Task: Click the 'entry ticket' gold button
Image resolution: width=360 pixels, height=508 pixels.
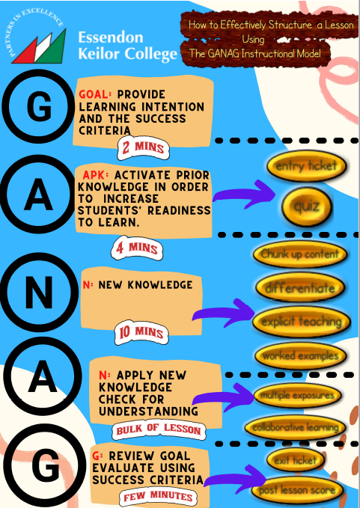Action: click(307, 166)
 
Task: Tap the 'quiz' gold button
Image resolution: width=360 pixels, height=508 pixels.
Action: click(307, 206)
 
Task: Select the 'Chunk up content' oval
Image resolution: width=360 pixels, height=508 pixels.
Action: click(300, 254)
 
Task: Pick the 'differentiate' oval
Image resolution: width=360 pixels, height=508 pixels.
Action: click(300, 288)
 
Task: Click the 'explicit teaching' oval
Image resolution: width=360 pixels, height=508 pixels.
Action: click(302, 322)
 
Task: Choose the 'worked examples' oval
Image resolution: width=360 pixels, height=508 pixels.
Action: click(301, 355)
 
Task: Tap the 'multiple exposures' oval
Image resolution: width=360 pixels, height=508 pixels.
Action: click(297, 395)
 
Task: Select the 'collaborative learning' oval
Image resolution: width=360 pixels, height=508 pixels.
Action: click(296, 428)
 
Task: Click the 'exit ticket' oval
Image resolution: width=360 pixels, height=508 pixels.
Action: click(295, 460)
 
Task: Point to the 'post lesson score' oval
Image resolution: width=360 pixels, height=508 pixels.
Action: click(297, 490)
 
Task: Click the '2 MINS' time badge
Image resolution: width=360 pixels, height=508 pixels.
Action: click(143, 148)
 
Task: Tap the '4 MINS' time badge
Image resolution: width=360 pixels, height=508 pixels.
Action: click(137, 248)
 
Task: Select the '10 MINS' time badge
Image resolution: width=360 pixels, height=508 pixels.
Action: click(141, 332)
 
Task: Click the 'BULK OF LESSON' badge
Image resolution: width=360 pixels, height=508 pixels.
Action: click(159, 430)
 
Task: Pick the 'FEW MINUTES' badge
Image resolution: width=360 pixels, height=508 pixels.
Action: click(158, 497)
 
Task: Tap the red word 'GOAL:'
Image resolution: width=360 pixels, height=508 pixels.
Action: click(95, 94)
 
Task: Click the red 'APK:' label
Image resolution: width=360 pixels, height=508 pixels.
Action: click(96, 175)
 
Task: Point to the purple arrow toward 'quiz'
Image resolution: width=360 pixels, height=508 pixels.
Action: click(244, 194)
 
